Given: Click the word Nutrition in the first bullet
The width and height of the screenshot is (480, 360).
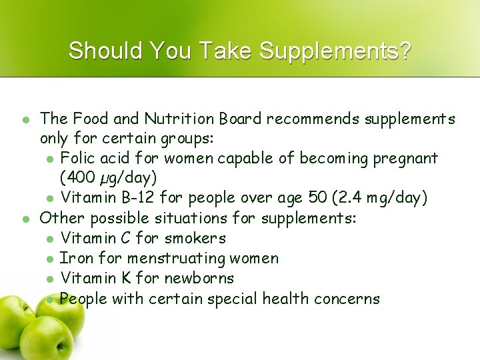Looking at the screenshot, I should point(186,119).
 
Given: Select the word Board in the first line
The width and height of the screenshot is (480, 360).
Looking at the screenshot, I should point(243,119).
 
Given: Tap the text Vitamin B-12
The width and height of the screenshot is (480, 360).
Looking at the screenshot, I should point(104,198).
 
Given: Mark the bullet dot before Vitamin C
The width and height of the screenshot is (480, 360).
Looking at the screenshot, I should point(50,239).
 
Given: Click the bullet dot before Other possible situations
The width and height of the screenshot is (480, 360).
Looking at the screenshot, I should point(26,219).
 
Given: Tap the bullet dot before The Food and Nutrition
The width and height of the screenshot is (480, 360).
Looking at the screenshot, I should point(26,120).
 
